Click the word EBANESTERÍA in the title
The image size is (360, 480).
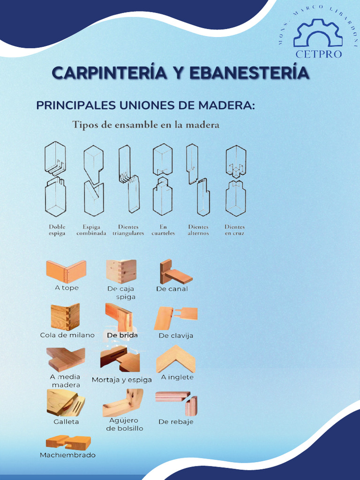[x=249, y=73]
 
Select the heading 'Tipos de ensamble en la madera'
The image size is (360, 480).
[x=145, y=125]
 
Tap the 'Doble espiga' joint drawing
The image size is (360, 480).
[x=55, y=179]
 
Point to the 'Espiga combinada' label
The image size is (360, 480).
[x=91, y=230]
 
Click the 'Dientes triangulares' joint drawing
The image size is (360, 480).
[x=129, y=179]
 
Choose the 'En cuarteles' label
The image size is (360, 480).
[x=163, y=230]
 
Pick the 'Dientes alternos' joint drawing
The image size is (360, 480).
[x=198, y=179]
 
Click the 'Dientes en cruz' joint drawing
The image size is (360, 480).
[x=235, y=179]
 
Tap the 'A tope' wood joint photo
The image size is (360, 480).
[x=66, y=271]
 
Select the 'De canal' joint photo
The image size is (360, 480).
[x=175, y=272]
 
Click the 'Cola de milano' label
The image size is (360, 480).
[x=67, y=335]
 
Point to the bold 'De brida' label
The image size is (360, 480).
[x=122, y=336]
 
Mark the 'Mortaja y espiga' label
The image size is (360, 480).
[x=122, y=380]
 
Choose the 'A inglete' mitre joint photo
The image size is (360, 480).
[x=176, y=359]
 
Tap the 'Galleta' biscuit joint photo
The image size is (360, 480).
[x=66, y=403]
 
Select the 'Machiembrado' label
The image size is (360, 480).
[x=67, y=455]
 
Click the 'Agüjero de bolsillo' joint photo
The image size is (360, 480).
[x=123, y=403]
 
